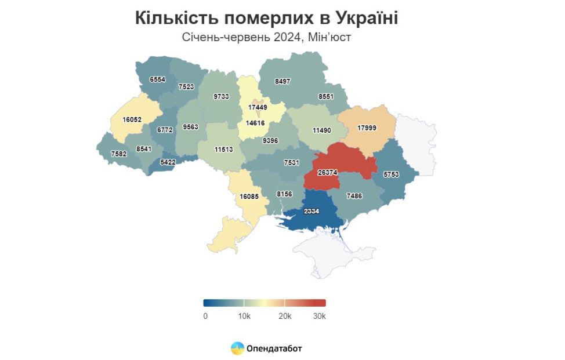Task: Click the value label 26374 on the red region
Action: tap(329, 172)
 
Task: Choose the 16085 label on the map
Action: tap(251, 197)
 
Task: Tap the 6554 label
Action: tap(158, 79)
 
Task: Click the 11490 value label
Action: tap(323, 131)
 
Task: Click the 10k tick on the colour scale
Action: tap(244, 316)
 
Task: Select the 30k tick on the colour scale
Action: tap(320, 316)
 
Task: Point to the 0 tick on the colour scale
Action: tap(205, 316)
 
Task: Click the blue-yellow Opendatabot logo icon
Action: tap(237, 348)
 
